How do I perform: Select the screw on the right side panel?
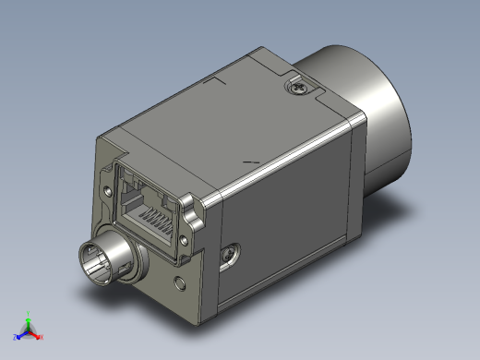[x=228, y=250]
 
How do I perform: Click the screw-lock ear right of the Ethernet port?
[x=190, y=208]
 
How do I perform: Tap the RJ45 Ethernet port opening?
[x=148, y=208]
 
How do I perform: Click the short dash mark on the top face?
[x=250, y=162]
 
